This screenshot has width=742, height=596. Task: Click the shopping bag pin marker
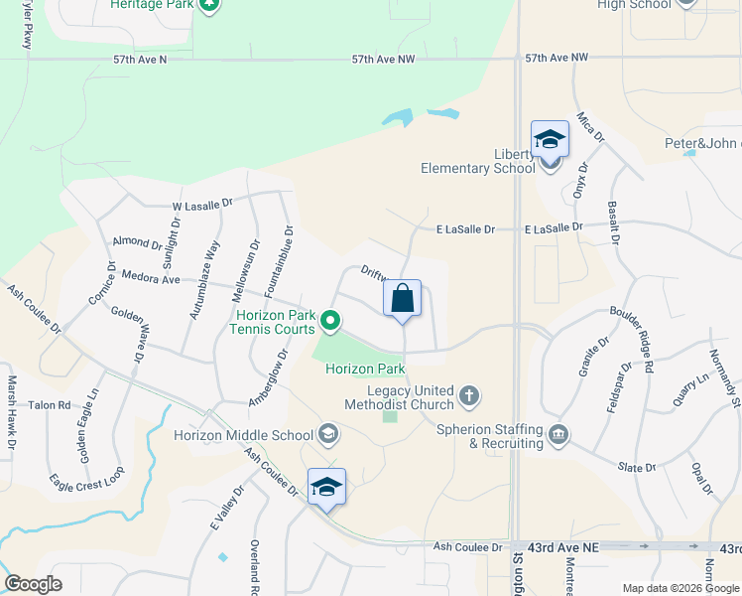click(402, 299)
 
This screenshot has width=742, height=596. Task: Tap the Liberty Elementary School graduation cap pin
click(550, 140)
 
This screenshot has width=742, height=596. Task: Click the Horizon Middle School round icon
click(328, 434)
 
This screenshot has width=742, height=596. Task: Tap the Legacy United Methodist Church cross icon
click(469, 397)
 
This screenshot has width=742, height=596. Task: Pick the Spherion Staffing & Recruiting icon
click(558, 435)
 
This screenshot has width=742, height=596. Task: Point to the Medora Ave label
click(150, 278)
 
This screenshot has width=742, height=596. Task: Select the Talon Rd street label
click(50, 405)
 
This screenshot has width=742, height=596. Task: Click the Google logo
click(33, 584)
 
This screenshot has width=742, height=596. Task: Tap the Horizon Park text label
click(365, 370)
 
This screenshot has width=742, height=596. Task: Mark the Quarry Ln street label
click(691, 388)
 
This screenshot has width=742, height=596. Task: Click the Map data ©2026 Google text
click(679, 588)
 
